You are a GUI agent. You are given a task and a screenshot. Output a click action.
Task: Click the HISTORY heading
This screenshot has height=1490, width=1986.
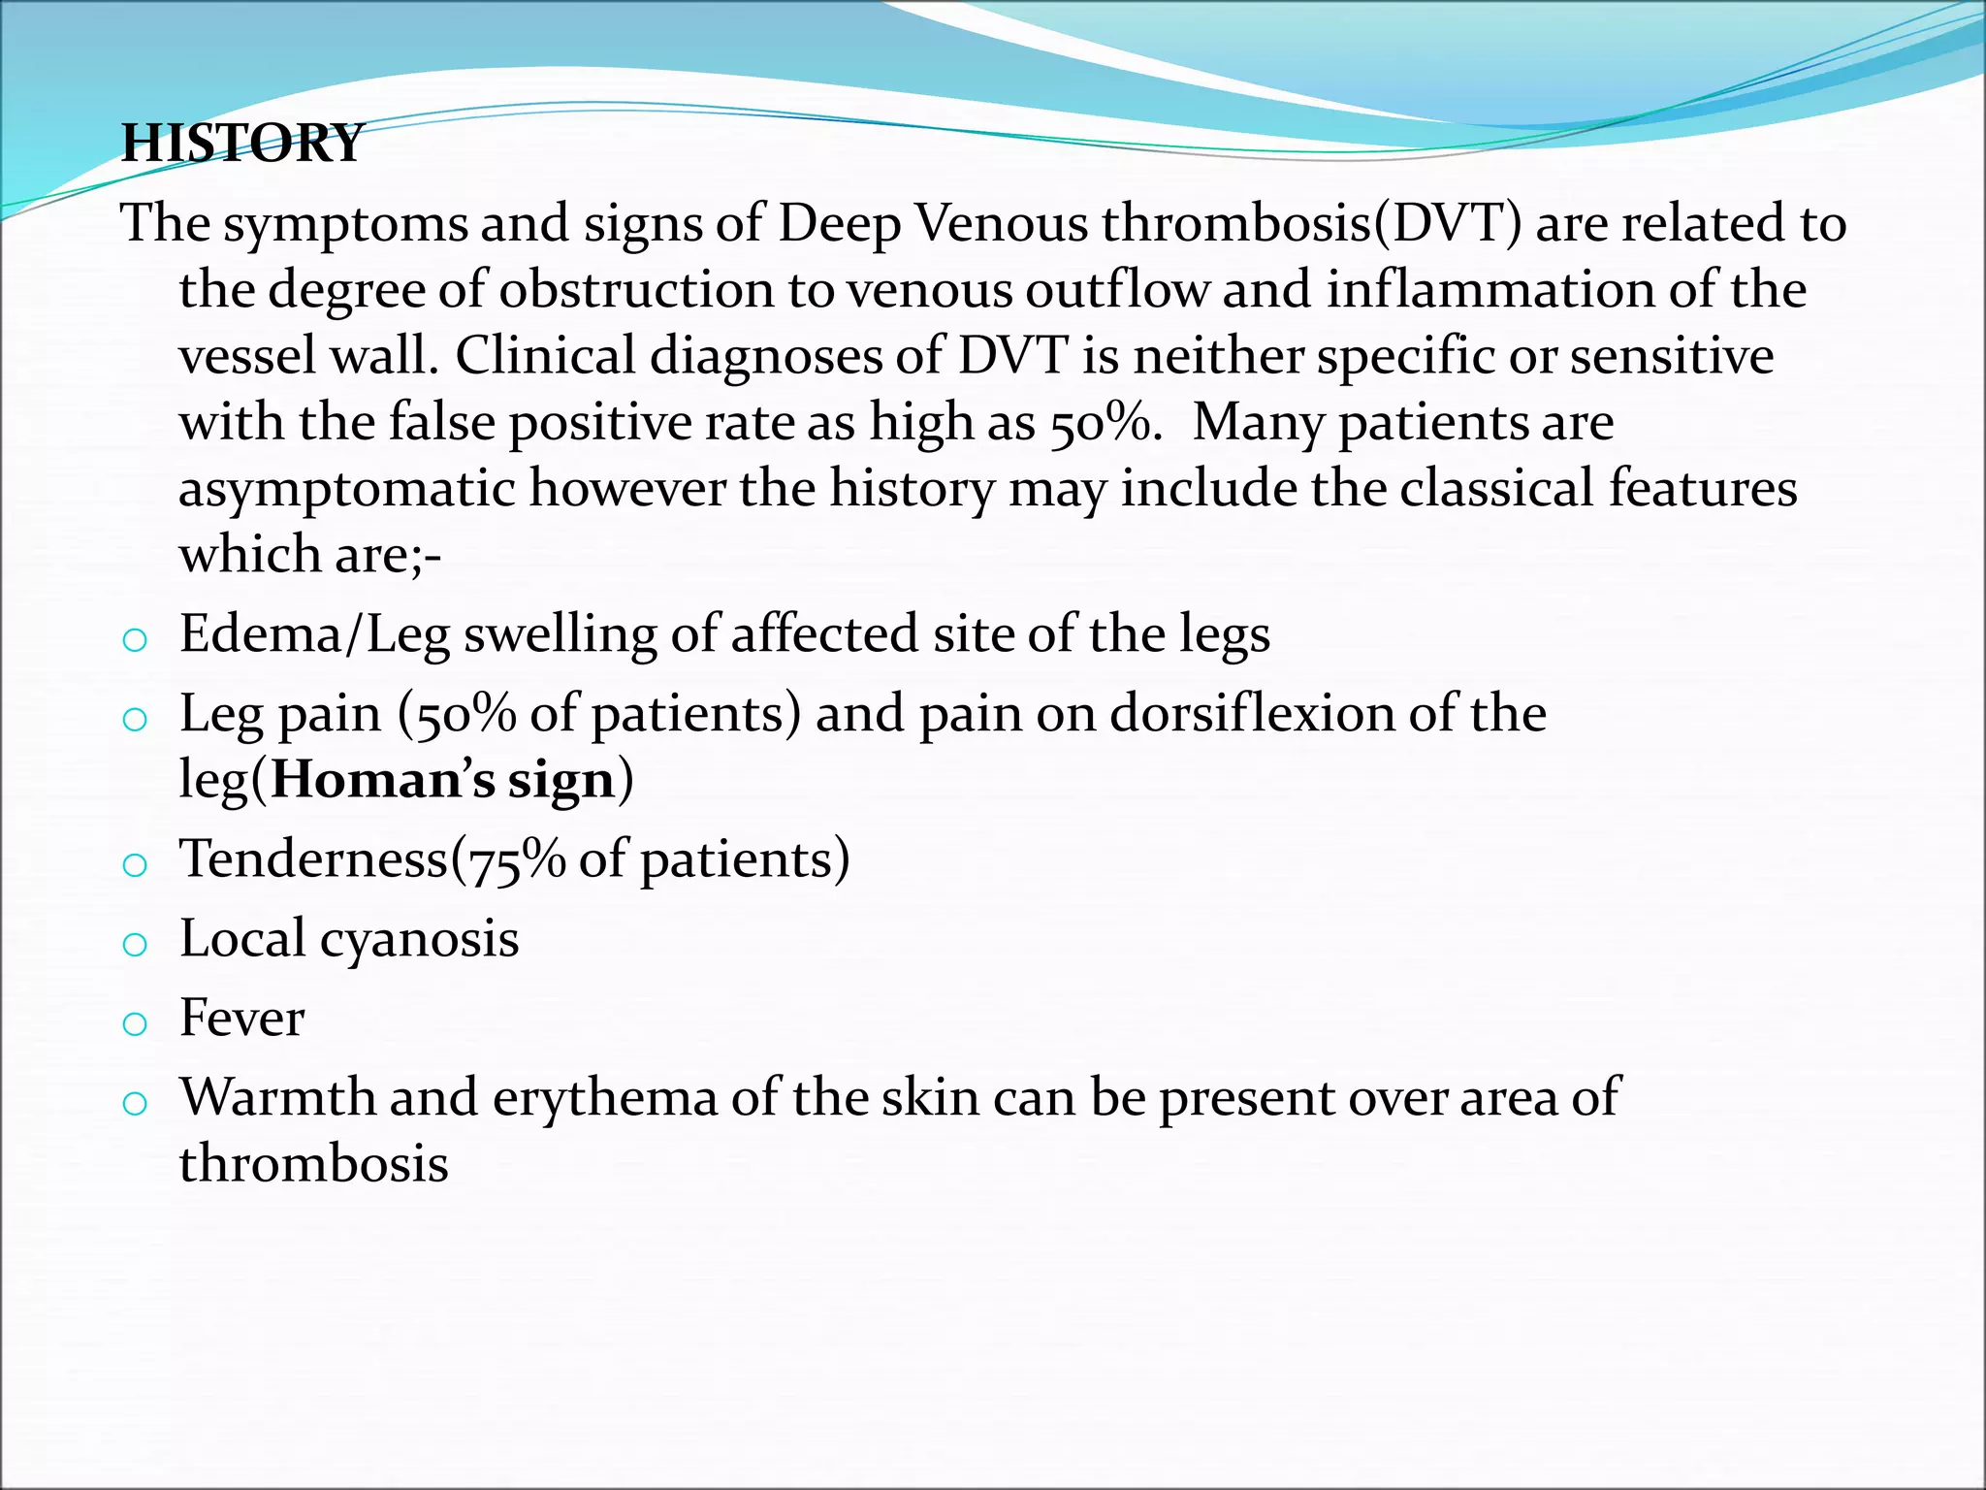point(241,143)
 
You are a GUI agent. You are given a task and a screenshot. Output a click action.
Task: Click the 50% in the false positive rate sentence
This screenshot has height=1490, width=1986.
point(1105,422)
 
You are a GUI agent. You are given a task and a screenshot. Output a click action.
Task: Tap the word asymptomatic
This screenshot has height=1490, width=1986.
point(346,488)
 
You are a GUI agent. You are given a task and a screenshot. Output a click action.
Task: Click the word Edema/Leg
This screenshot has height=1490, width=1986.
point(314,634)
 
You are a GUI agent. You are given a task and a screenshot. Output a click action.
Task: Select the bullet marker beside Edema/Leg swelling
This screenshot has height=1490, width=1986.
point(135,640)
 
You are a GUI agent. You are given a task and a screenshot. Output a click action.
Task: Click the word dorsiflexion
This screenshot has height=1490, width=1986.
point(1251,714)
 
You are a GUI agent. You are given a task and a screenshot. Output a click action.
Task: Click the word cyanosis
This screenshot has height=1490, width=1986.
point(419,939)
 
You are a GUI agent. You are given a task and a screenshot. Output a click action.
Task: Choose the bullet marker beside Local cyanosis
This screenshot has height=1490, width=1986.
point(135,944)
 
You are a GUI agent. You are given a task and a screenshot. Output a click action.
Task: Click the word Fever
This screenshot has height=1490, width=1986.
point(241,1019)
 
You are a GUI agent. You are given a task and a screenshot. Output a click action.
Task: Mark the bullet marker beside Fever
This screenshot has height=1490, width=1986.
point(135,1023)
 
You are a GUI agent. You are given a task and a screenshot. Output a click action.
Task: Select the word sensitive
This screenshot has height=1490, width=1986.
point(1672,355)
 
